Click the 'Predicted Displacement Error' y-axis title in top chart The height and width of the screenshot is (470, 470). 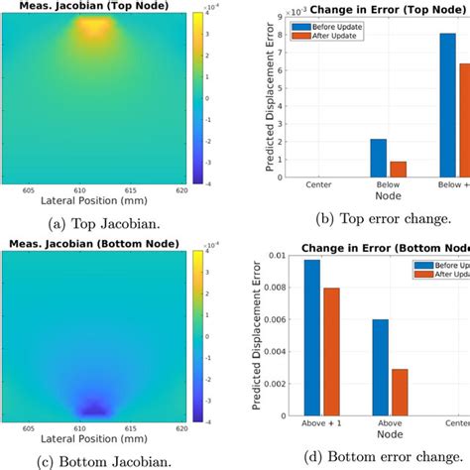coord(268,99)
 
